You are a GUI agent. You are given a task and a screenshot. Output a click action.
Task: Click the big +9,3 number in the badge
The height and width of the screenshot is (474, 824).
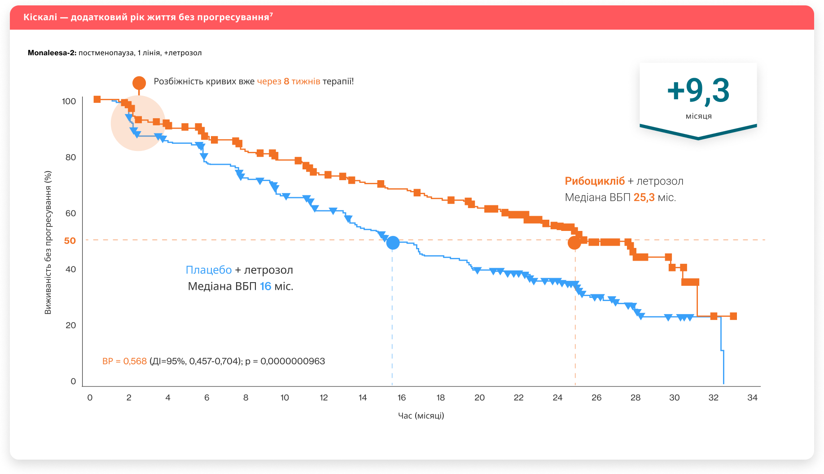698,91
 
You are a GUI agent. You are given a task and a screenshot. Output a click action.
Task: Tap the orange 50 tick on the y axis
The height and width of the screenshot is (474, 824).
70,241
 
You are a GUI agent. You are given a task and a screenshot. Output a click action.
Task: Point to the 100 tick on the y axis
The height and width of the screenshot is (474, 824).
69,102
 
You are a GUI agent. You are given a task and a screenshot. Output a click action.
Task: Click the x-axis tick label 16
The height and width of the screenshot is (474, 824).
402,398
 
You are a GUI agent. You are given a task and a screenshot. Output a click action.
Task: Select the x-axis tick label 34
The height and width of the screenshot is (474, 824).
752,398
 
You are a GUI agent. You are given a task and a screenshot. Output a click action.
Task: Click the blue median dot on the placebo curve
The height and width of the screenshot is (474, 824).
393,243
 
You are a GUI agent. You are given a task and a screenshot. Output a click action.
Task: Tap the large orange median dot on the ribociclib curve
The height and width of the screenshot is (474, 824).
574,243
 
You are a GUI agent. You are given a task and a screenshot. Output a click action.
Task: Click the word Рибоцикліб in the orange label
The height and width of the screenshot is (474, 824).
595,181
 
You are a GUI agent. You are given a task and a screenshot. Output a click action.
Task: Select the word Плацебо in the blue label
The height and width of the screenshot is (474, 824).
209,270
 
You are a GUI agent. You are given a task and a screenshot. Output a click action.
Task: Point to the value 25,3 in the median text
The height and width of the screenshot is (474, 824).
644,198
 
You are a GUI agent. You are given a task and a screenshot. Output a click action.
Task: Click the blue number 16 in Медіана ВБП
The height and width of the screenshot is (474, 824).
266,287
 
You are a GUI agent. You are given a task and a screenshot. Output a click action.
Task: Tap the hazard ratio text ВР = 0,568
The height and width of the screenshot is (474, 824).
125,361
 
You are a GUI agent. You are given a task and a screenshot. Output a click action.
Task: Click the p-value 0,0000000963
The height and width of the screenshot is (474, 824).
293,361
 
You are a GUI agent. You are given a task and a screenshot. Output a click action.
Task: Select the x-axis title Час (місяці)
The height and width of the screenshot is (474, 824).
421,416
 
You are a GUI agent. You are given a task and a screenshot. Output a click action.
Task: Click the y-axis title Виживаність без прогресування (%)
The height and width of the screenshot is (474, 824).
48,243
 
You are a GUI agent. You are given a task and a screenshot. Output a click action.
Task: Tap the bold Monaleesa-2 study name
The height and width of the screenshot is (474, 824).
52,53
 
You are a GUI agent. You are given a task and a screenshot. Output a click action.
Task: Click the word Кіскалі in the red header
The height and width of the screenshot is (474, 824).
40,18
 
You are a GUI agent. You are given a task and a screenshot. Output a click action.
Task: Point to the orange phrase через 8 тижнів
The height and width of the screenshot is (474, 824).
289,81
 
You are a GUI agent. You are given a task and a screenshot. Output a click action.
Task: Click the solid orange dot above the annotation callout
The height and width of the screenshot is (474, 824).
139,83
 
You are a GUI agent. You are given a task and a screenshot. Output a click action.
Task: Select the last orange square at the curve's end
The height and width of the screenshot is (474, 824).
733,316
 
